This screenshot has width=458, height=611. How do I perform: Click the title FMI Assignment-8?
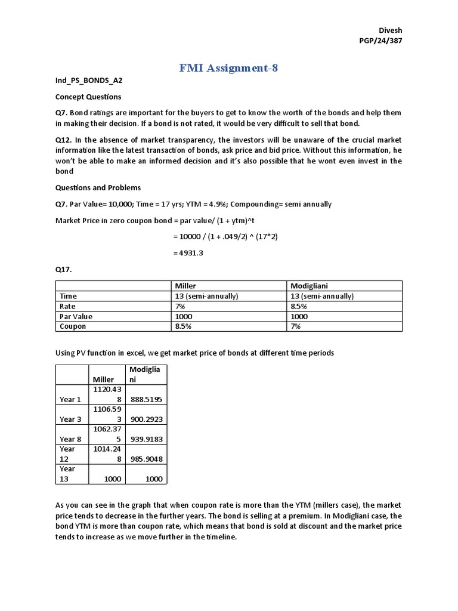click(229, 67)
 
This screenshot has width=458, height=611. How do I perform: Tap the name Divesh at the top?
click(391, 30)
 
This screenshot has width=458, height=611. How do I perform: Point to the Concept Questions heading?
click(88, 97)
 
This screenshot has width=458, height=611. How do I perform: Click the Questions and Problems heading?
click(98, 187)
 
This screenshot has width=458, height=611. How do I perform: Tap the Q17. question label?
click(63, 269)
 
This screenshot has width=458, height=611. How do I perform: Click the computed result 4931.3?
click(188, 253)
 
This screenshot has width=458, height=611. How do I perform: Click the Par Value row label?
click(76, 316)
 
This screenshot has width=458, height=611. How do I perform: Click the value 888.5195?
click(147, 399)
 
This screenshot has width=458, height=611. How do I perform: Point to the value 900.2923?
click(147, 419)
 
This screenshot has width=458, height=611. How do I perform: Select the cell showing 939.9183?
click(147, 440)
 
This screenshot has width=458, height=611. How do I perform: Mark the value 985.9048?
click(147, 459)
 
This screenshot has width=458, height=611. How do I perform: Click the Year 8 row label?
click(71, 440)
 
